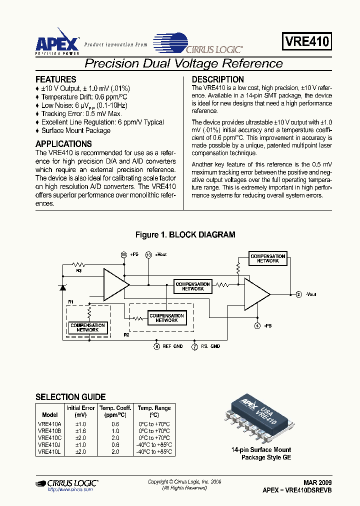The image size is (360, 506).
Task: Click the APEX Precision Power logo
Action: click(56, 41)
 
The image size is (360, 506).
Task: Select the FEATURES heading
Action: click(55, 79)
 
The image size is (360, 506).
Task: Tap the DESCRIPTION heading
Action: click(218, 79)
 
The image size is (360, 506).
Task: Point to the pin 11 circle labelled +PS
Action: click(124, 254)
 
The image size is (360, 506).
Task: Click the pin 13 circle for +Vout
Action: click(148, 254)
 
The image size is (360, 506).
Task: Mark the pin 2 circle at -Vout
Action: click(298, 294)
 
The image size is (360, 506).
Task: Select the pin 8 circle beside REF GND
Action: click(156, 346)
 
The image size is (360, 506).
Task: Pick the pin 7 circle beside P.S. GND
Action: click(194, 346)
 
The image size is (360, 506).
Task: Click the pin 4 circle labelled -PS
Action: click(257, 325)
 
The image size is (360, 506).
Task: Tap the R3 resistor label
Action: click(79, 270)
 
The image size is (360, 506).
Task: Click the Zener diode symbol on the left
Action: click(62, 287)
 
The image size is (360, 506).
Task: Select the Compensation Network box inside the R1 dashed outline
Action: click(87, 327)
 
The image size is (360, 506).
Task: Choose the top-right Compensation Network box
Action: click(268, 258)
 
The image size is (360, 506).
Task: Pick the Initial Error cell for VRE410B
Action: click(80, 431)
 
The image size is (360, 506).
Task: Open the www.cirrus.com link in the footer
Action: click(70, 490)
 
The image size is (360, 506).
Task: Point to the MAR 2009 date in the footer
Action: click(317, 483)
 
